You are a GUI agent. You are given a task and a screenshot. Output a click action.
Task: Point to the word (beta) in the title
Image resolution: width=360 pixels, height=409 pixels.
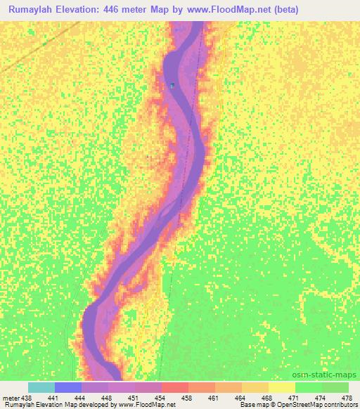[287, 10]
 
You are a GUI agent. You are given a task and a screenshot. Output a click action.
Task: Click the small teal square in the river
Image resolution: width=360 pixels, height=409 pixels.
[172, 86]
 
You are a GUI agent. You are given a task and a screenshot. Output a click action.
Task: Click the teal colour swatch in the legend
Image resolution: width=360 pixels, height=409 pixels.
[41, 387]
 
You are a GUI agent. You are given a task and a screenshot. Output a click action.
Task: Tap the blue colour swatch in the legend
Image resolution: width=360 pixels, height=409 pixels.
[68, 387]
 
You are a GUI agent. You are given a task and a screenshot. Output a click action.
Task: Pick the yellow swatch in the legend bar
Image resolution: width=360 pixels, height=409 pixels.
[281, 387]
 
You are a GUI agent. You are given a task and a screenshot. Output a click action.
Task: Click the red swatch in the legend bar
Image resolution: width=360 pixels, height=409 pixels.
[175, 387]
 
